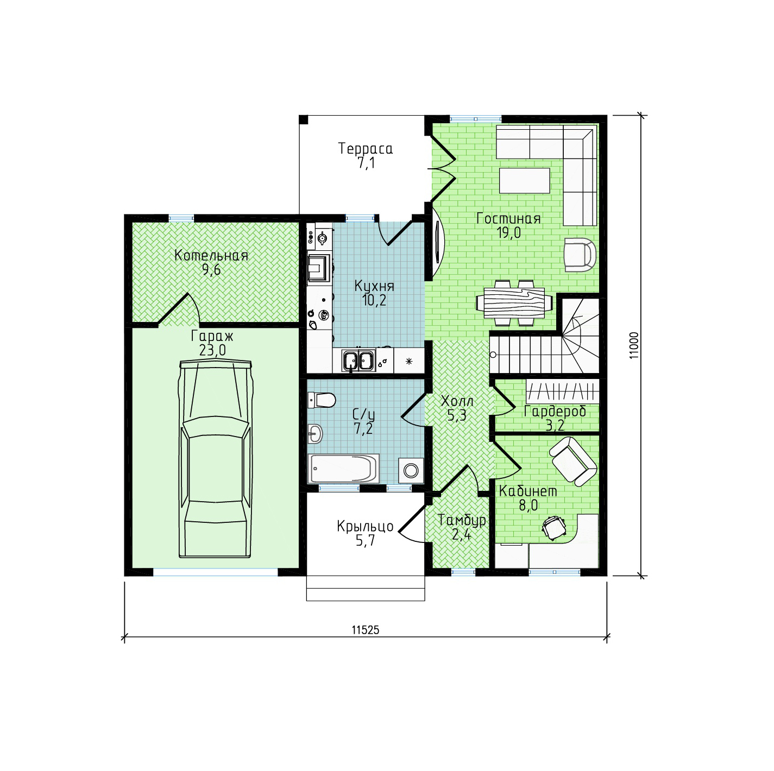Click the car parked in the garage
click(x=216, y=459)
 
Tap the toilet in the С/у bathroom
click(x=322, y=400)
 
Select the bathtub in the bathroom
click(x=343, y=469)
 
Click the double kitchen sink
click(x=358, y=360)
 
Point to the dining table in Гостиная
click(x=510, y=302)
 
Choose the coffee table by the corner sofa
click(x=524, y=181)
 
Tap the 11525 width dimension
click(x=365, y=630)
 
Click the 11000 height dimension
click(x=634, y=345)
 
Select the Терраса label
click(x=365, y=149)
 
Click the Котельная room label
click(x=211, y=255)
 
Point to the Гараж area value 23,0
click(x=212, y=350)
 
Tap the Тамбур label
click(x=462, y=520)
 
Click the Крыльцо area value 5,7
click(x=365, y=540)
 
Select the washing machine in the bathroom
click(x=411, y=470)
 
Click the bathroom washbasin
click(x=315, y=433)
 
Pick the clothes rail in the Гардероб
click(x=562, y=391)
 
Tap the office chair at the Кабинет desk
click(x=554, y=526)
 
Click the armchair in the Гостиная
click(x=580, y=255)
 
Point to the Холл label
click(x=457, y=401)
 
